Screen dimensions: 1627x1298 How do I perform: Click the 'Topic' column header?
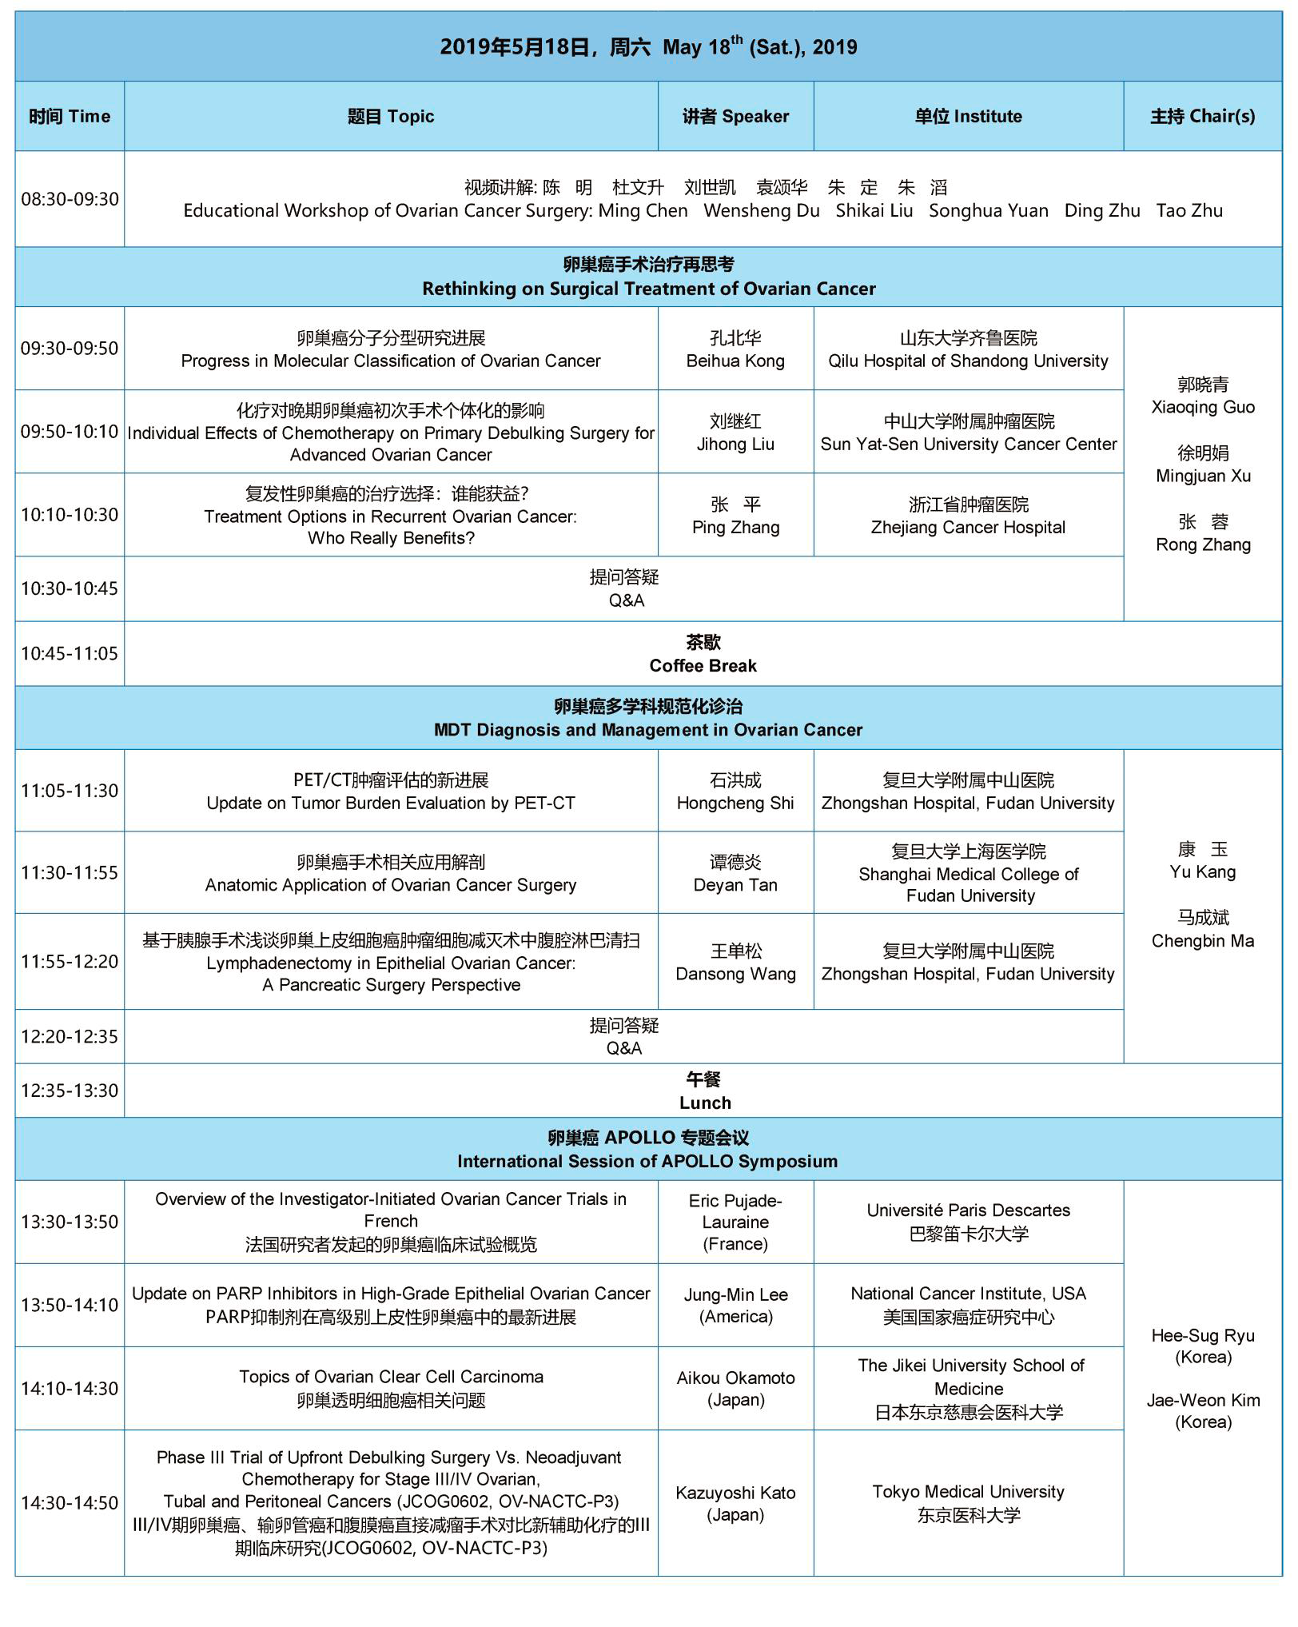[x=391, y=117]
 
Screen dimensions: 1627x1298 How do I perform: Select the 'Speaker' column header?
[x=735, y=117]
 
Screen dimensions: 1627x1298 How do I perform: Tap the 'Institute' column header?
[x=968, y=117]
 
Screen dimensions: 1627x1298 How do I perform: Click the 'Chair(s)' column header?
[x=1202, y=117]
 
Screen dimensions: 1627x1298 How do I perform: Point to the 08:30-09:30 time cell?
[x=70, y=199]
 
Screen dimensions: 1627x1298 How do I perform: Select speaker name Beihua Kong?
[x=735, y=361]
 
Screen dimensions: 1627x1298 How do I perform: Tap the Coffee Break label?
[x=703, y=666]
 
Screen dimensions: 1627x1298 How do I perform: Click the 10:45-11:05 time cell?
[x=70, y=654]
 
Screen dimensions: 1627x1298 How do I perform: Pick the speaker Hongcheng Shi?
[x=735, y=804]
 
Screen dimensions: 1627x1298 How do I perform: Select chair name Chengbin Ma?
[x=1202, y=941]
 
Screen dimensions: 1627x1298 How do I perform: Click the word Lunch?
[x=704, y=1103]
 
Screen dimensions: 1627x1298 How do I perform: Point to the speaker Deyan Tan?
[x=735, y=885]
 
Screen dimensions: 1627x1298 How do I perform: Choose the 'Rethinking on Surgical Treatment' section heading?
[x=648, y=289]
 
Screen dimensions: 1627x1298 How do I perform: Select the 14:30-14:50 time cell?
[x=70, y=1503]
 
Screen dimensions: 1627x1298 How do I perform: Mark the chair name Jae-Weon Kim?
[x=1202, y=1401]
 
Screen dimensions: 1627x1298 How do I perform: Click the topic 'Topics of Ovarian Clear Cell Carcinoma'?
[x=391, y=1377]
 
